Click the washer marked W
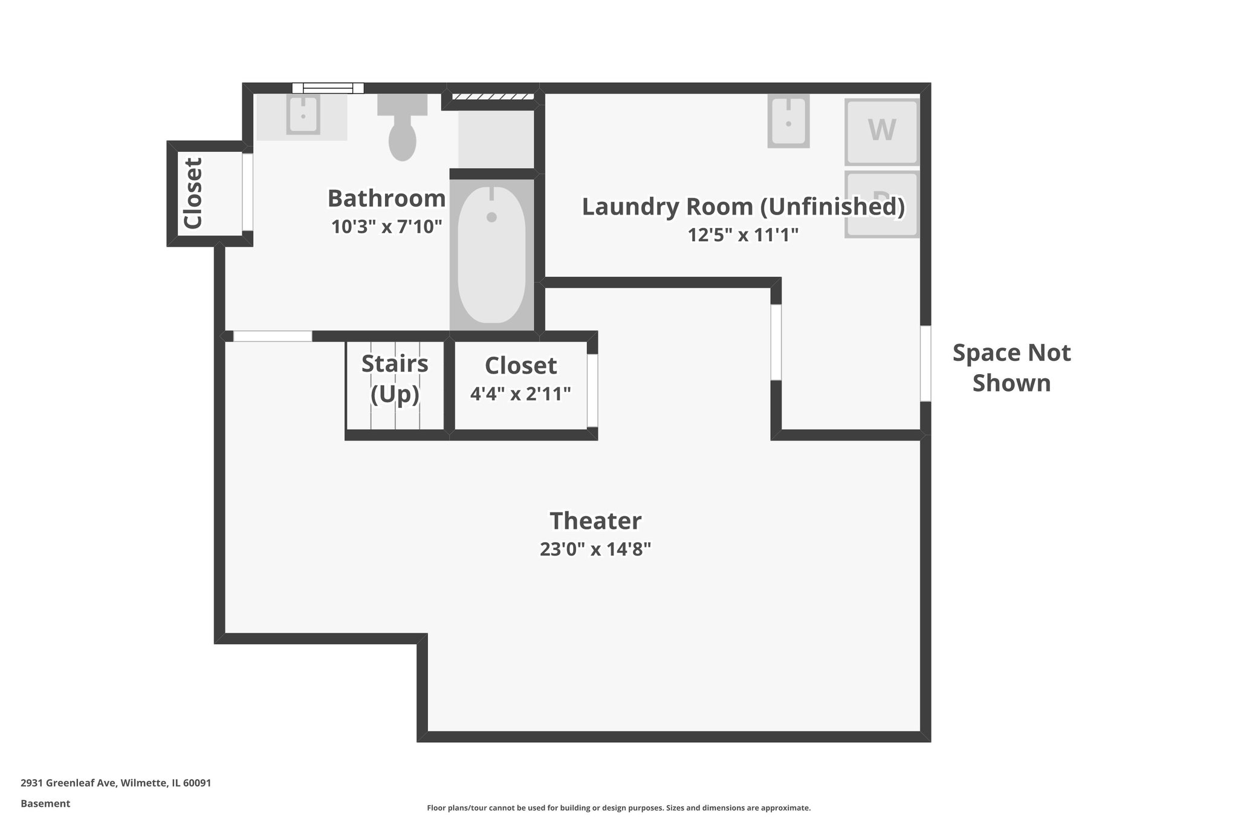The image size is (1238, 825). pyautogui.click(x=881, y=131)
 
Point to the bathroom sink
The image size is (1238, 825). pyautogui.click(x=303, y=115)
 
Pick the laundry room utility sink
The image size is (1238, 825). pyautogui.click(x=788, y=121)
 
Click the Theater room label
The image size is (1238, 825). pyautogui.click(x=595, y=521)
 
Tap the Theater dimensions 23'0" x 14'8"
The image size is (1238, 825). pyautogui.click(x=595, y=549)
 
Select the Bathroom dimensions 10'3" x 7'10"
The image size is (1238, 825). pyautogui.click(x=386, y=227)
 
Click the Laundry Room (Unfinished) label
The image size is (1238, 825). pyautogui.click(x=743, y=207)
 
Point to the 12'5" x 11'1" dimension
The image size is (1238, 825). pyautogui.click(x=743, y=235)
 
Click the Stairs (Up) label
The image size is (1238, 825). pyautogui.click(x=395, y=378)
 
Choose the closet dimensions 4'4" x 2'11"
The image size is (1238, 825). pyautogui.click(x=520, y=394)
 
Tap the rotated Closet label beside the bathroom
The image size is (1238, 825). pyautogui.click(x=193, y=193)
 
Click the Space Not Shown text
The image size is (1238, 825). pyautogui.click(x=1011, y=367)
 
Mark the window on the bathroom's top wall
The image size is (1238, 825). pyautogui.click(x=328, y=88)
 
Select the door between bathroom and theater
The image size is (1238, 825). pyautogui.click(x=273, y=336)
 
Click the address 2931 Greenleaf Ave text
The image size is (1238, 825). pyautogui.click(x=115, y=783)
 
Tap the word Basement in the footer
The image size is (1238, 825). pyautogui.click(x=45, y=803)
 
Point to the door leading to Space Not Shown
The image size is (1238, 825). pyautogui.click(x=925, y=363)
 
